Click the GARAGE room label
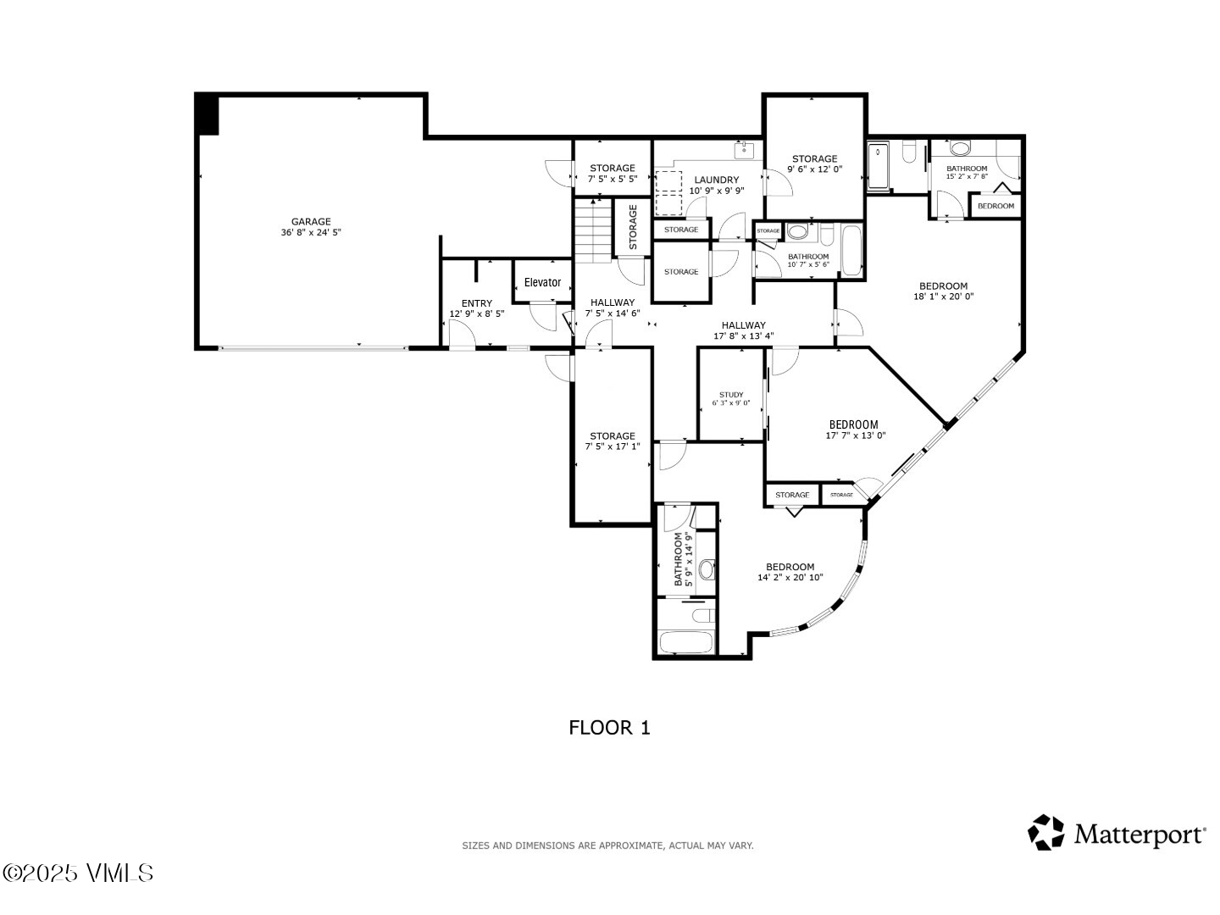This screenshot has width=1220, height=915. pos(311,222)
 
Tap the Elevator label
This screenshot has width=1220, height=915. pos(542,282)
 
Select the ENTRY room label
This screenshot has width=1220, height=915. pos(477,303)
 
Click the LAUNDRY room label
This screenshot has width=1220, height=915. pos(716,180)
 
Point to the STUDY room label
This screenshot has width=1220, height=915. pos(731,395)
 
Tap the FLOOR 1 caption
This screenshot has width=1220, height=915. pos(609,728)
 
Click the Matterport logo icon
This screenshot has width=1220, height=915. pos(1045,833)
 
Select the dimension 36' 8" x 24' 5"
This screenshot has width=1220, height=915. pos(311,232)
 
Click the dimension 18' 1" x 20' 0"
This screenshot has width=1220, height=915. pos(943,297)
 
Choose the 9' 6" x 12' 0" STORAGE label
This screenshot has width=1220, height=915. pos(814,158)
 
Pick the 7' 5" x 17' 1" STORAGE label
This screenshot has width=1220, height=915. pos(612,436)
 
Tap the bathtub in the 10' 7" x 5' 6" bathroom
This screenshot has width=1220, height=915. pos(851,250)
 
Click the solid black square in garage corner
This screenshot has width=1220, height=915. pos(208,114)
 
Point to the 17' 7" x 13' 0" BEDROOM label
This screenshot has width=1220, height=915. pos(853,424)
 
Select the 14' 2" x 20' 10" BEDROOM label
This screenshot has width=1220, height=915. pos(790,567)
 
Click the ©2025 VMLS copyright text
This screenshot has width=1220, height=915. pos(78,873)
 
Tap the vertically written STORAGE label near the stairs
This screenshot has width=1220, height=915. pos(633,227)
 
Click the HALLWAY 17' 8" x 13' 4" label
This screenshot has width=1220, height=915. pos(743,325)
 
